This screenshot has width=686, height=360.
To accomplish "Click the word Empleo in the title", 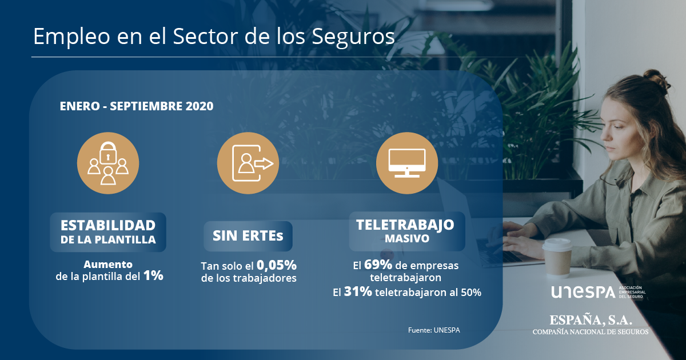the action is click(71, 37).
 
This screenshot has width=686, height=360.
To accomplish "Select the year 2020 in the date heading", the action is click(200, 106).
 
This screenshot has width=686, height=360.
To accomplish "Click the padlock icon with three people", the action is click(108, 163).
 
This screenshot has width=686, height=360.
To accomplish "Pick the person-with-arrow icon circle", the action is click(248, 163).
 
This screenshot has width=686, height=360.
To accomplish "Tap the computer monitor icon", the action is click(407, 163).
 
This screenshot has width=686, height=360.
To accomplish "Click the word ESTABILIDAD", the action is click(108, 226).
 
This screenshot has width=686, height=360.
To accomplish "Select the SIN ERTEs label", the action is click(248, 235).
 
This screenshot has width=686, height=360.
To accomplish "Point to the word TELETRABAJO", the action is click(405, 225).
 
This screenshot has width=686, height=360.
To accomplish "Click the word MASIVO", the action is click(407, 239).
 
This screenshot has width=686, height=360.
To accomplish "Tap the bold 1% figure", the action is click(153, 275).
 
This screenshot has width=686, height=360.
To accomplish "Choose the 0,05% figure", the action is click(277, 265).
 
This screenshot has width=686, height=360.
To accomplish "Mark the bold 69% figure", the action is click(378, 265).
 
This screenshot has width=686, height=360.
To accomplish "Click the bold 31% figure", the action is click(358, 291).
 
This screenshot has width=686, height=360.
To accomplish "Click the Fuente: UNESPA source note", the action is click(434, 330).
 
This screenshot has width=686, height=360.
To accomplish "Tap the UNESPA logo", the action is click(598, 292).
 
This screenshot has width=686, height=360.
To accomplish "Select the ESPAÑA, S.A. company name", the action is click(591, 320).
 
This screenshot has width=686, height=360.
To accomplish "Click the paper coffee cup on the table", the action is click(557, 257).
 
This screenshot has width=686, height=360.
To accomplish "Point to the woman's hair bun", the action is click(656, 78).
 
